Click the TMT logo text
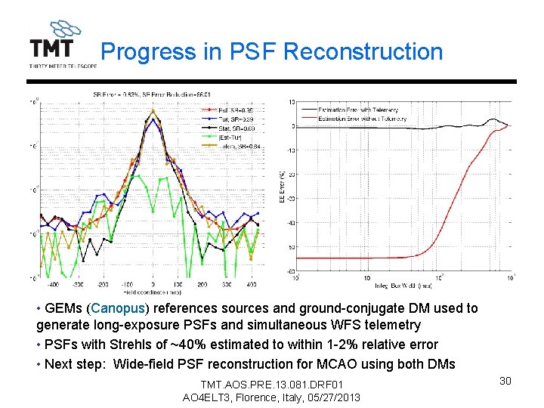pos(51,49)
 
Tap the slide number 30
pos(505,381)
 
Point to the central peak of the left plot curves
pos(153,112)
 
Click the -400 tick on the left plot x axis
pos(52,285)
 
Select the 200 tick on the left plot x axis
pos(202,285)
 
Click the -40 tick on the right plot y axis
pos(290,222)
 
